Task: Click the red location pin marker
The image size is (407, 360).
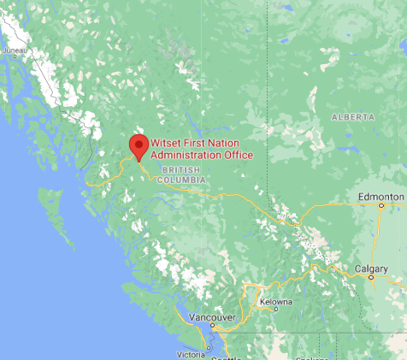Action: (x=137, y=145)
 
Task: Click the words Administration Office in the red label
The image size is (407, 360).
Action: (x=202, y=155)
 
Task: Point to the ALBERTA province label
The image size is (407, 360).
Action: (x=353, y=116)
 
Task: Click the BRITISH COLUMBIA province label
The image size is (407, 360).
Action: (x=178, y=175)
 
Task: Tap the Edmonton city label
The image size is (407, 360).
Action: (x=380, y=197)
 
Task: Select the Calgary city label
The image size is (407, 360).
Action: (x=371, y=269)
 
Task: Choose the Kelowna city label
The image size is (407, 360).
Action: (x=276, y=302)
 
